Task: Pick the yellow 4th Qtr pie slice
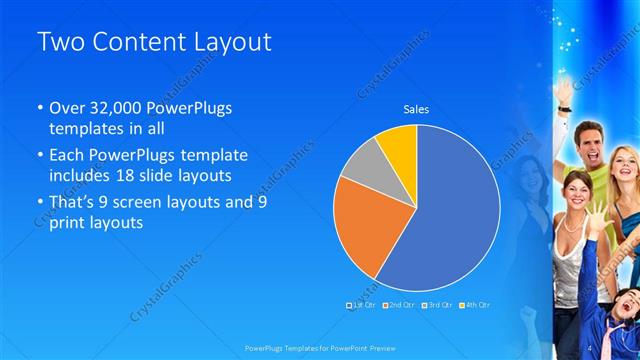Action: (399, 144)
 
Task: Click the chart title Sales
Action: (416, 109)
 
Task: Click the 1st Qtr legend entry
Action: (362, 304)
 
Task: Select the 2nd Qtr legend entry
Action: (400, 304)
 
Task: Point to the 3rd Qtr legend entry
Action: (438, 304)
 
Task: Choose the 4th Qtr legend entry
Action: (476, 304)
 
